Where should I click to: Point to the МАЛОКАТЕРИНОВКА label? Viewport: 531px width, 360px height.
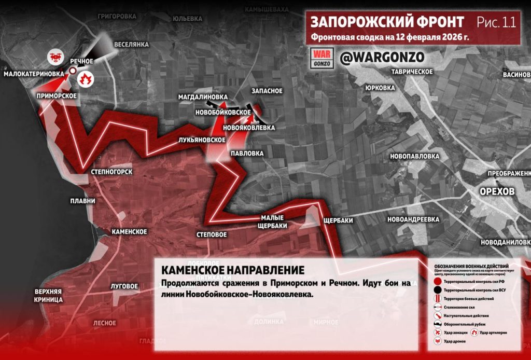(x=34, y=74)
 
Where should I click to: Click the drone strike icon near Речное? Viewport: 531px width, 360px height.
(x=55, y=56)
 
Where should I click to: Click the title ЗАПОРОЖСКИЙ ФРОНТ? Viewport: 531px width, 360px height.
(x=387, y=22)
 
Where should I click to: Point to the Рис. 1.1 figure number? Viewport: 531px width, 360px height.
(x=495, y=22)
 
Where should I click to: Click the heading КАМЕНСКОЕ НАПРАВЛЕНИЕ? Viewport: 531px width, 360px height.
(x=233, y=271)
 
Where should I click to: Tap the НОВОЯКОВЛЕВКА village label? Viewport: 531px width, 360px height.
(x=249, y=127)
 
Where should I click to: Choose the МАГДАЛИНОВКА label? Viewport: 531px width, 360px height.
(x=203, y=97)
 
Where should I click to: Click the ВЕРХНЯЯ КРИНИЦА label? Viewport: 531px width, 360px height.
(x=49, y=295)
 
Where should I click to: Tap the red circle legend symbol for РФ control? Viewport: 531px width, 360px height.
(x=438, y=281)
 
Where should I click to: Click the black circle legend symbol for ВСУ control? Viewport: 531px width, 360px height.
(x=438, y=289)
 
